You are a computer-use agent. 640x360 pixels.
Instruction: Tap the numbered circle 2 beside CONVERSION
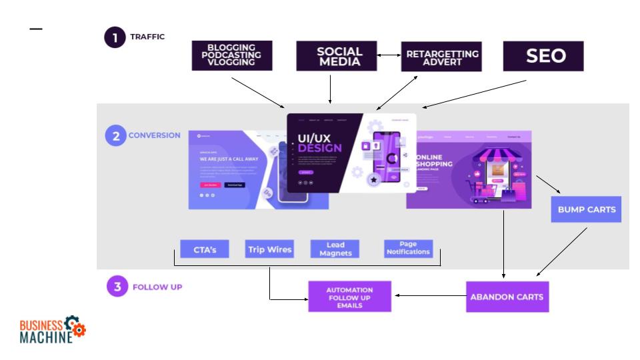[x=116, y=135]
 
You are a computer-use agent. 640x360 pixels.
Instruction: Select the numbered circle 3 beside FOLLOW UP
[x=117, y=287]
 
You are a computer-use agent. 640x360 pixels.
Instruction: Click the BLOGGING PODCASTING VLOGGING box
[x=232, y=56]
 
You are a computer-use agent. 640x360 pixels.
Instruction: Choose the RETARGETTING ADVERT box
[x=443, y=56]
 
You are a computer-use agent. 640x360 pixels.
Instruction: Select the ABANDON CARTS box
[x=507, y=297]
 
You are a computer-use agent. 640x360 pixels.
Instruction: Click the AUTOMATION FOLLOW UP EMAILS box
[x=349, y=296]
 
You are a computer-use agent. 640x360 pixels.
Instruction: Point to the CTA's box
[x=205, y=250]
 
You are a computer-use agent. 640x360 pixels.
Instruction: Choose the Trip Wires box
[x=269, y=249]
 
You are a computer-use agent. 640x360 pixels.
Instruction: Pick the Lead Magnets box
[x=335, y=249]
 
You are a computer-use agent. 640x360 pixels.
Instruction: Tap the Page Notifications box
[x=408, y=249]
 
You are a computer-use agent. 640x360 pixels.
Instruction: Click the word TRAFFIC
[x=147, y=37]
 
